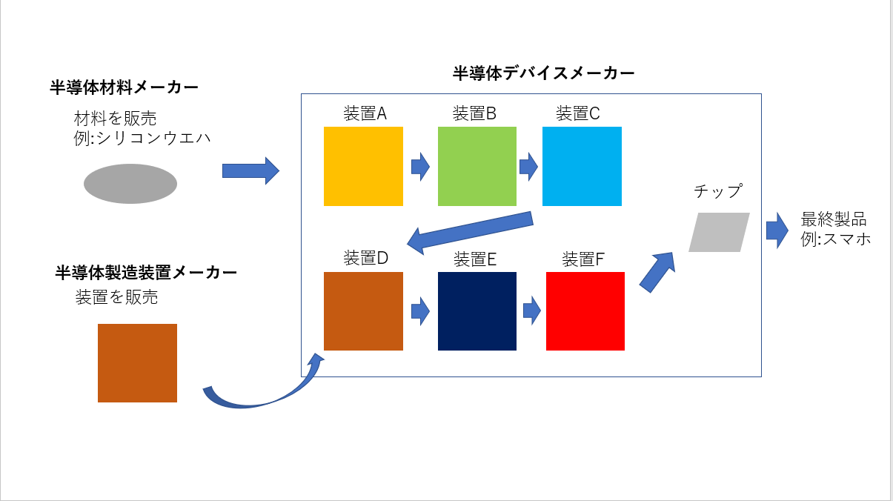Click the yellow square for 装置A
pyautogui.click(x=363, y=166)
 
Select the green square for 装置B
pyautogui.click(x=477, y=166)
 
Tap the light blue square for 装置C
pyautogui.click(x=582, y=166)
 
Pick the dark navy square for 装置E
pyautogui.click(x=477, y=311)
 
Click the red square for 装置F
pyautogui.click(x=585, y=311)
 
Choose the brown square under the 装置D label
pyautogui.click(x=363, y=311)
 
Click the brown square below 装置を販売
pyautogui.click(x=137, y=363)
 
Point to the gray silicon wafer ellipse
pyautogui.click(x=130, y=184)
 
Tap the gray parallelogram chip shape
pyautogui.click(x=719, y=233)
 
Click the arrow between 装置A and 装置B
pyautogui.click(x=420, y=167)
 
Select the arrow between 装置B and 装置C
pyautogui.click(x=528, y=167)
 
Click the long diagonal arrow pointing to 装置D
pyautogui.click(x=470, y=233)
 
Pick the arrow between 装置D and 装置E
pyautogui.click(x=420, y=311)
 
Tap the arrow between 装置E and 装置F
pyautogui.click(x=532, y=310)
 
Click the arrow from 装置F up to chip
pyautogui.click(x=658, y=272)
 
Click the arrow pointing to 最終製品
pyautogui.click(x=777, y=230)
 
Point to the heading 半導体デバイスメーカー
pyautogui.click(x=543, y=73)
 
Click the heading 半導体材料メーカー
pyautogui.click(x=124, y=87)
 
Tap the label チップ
pyautogui.click(x=718, y=191)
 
